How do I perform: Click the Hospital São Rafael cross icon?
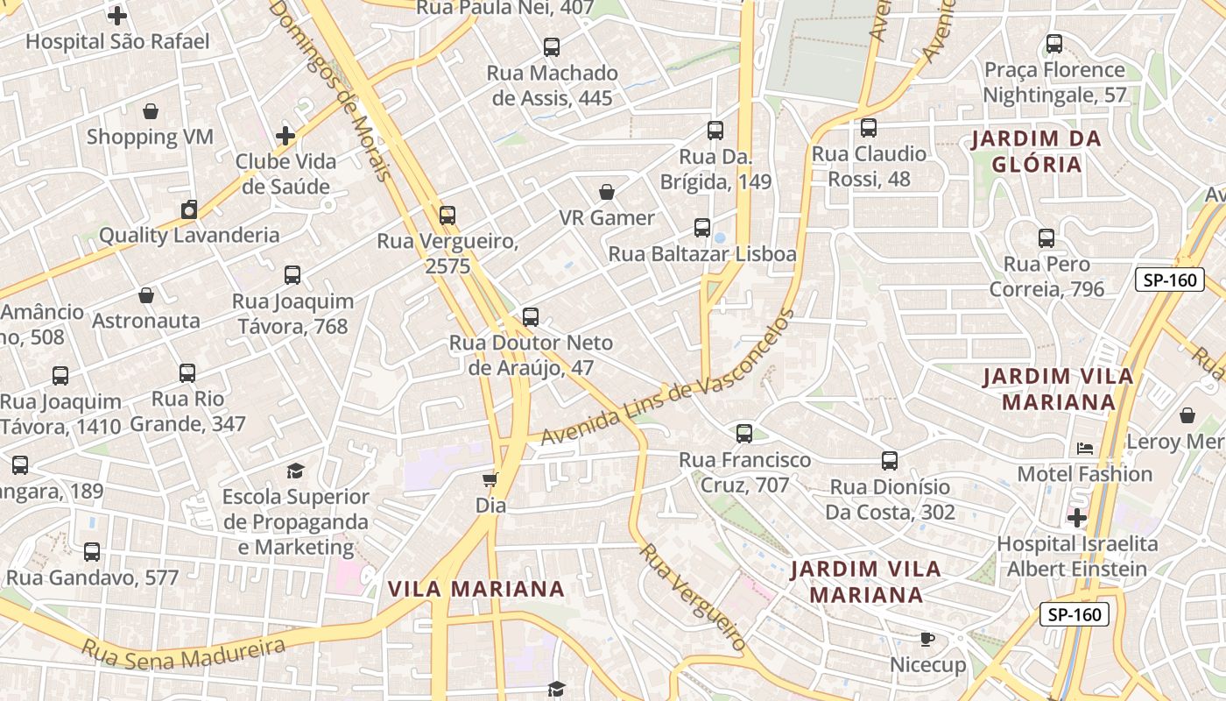[x=117, y=16]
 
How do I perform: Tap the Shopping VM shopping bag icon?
[x=151, y=111]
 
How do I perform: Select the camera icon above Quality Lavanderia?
[x=189, y=209]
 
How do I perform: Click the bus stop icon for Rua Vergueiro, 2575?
[x=447, y=215]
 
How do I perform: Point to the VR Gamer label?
[x=607, y=218]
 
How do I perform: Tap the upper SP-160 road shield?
[x=1170, y=280]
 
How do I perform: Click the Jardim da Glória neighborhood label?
[x=1037, y=152]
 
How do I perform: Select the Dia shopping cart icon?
[x=490, y=479]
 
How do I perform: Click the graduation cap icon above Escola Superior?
[x=295, y=471]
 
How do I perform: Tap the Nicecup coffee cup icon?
[x=927, y=640]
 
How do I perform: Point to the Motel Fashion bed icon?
[x=1085, y=449]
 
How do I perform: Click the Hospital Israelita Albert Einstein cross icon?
[x=1077, y=518]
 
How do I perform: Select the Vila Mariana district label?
[x=476, y=589]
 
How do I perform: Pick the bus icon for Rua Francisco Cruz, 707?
[x=744, y=433]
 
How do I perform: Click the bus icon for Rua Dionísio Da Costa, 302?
[x=890, y=461]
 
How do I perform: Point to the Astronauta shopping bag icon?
[x=146, y=295]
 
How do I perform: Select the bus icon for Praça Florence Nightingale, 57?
[x=1054, y=43]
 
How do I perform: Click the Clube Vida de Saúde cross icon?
[x=285, y=136]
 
